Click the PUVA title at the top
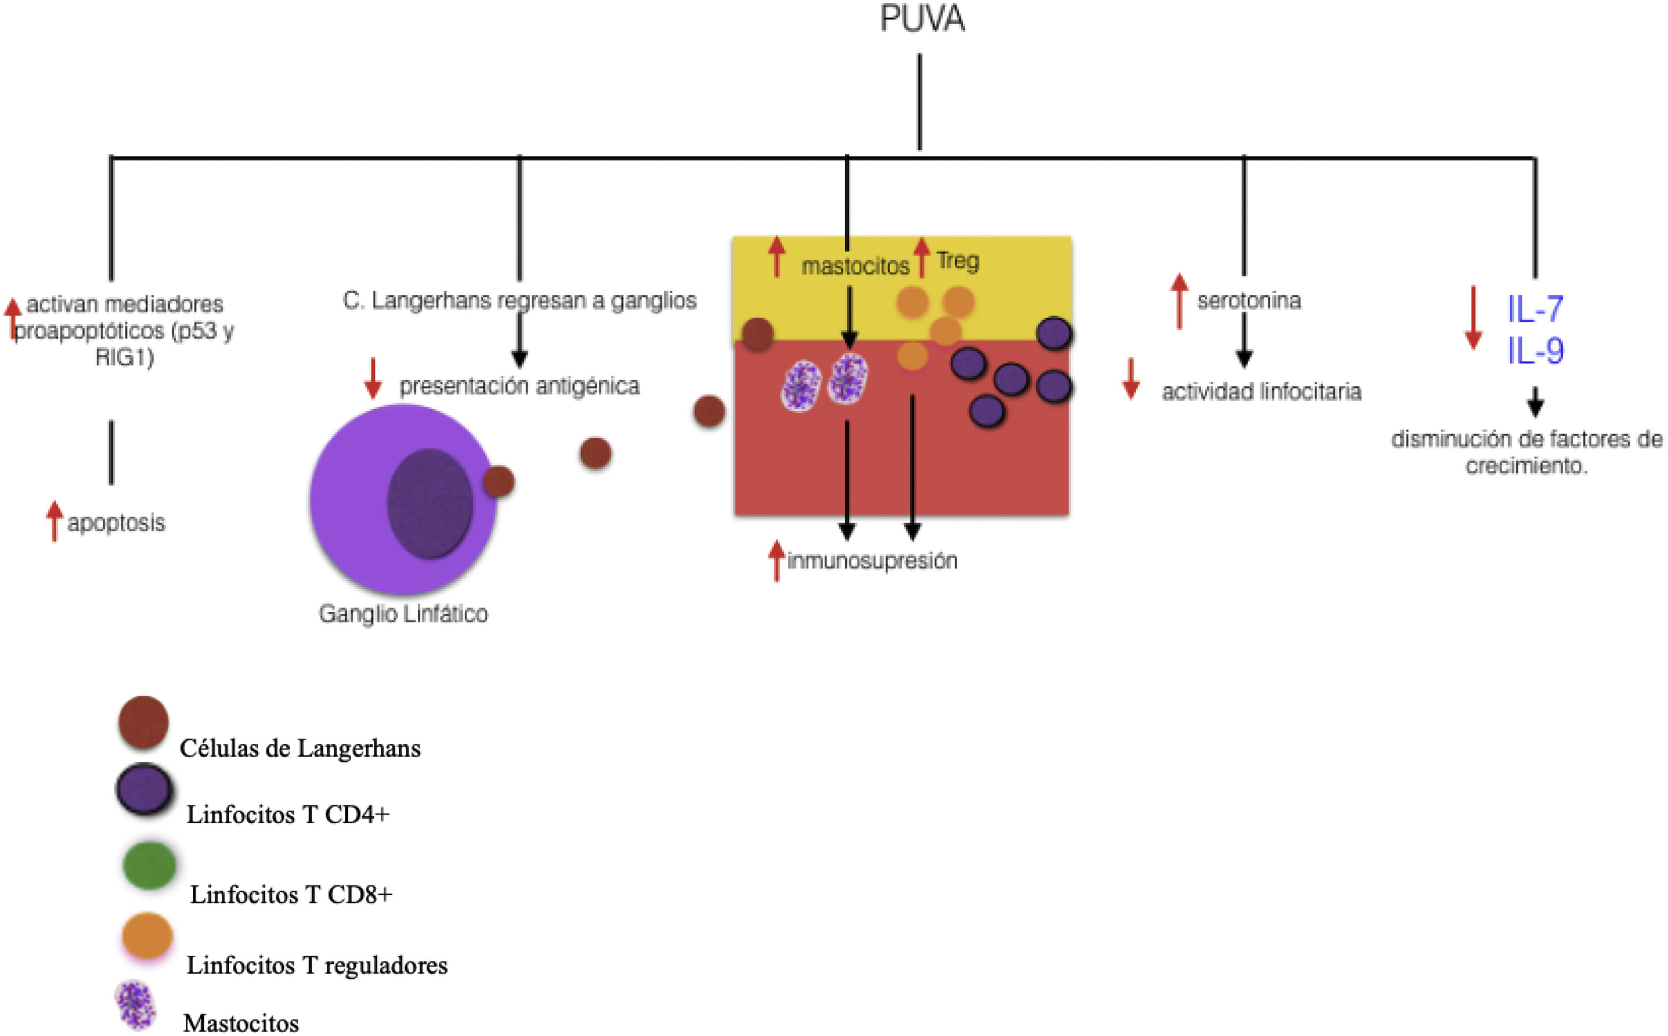tap(922, 19)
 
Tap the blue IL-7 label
tap(1535, 309)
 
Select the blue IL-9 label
tap(1535, 351)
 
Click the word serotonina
tap(1249, 301)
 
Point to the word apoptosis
tap(116, 523)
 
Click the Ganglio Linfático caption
tap(403, 613)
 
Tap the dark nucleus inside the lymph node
tap(429, 503)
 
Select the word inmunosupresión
tap(872, 561)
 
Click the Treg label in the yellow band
tap(957, 261)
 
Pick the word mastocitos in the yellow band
tap(855, 266)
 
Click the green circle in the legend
tap(149, 866)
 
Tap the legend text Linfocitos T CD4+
tap(288, 815)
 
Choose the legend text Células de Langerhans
tap(300, 748)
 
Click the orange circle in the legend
tap(147, 936)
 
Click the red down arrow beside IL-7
tap(1473, 319)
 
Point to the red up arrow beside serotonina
tap(1179, 301)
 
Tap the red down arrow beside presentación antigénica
tap(373, 378)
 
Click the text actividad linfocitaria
tap(1261, 392)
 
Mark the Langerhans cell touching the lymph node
tap(498, 482)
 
